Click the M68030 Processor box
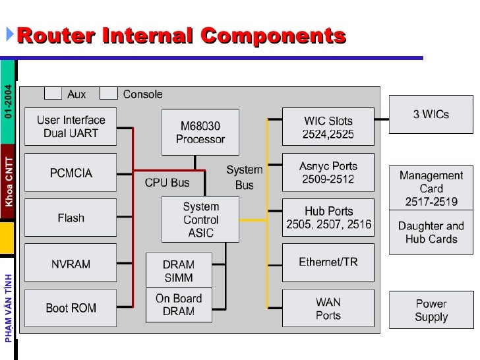coord(200,133)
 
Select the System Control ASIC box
coord(200,220)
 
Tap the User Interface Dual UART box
coord(71,127)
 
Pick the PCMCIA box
coord(71,173)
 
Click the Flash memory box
coord(71,218)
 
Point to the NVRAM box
coord(71,263)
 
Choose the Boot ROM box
coord(71,308)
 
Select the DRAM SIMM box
coord(179,271)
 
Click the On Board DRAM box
coord(179,305)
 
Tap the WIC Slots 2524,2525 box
coord(328,127)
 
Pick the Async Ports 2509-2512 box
coord(328,173)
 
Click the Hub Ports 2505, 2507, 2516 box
coord(328,218)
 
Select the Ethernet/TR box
coord(328,262)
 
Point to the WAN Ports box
coord(328,309)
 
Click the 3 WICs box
coord(431,114)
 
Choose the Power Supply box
coord(431,310)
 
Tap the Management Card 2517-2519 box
coord(431,188)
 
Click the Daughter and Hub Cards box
coord(431,232)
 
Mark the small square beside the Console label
coord(109,94)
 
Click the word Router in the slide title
coord(55,36)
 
